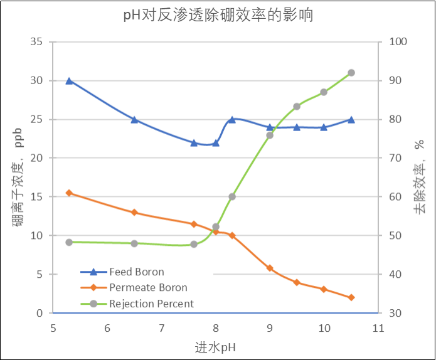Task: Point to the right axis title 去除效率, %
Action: [419, 177]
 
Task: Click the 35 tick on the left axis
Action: [36, 42]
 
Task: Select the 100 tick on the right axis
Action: [399, 42]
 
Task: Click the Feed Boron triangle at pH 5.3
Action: [69, 81]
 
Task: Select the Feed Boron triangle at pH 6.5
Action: [134, 119]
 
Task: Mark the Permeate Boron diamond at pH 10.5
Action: [351, 297]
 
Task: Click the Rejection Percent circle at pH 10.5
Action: [351, 73]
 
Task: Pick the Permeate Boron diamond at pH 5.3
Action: [69, 193]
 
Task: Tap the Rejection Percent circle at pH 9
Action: [270, 135]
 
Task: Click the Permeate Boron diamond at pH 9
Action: [270, 268]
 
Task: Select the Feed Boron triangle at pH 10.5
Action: [351, 119]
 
